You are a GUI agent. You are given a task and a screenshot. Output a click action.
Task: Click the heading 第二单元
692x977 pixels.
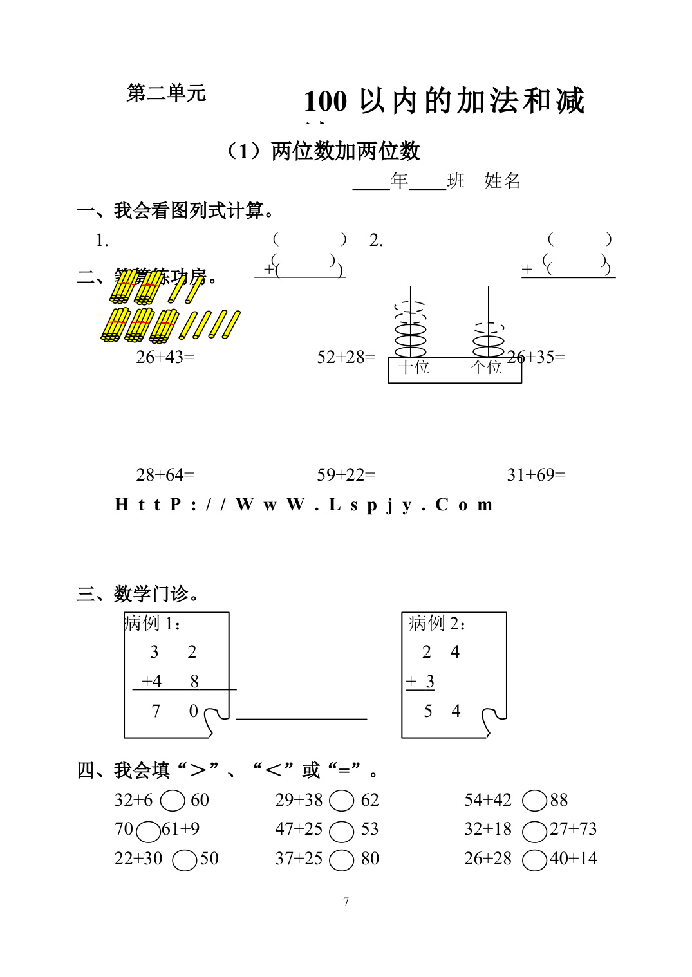point(166,93)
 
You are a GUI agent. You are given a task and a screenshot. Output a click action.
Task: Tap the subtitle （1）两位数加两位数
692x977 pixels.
point(323,151)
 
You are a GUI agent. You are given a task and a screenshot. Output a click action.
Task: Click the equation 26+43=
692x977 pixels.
point(165,357)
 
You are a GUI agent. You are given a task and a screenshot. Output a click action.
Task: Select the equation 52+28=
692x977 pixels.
point(346,357)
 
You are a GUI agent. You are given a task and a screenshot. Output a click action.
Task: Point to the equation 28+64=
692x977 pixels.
point(165,475)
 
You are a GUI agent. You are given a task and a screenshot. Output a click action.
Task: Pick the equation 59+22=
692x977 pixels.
point(346,475)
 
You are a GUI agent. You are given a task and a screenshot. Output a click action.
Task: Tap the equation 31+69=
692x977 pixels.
point(536,475)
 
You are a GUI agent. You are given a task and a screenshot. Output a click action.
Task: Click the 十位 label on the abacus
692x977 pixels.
point(414,368)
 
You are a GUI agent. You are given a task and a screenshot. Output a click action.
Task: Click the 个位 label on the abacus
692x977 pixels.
point(486,368)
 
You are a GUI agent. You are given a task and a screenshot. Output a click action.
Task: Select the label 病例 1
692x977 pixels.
point(153,623)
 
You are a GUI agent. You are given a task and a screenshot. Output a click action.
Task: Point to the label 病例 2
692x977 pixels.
point(437,623)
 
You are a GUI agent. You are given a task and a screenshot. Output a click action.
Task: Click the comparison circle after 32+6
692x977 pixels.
point(173,801)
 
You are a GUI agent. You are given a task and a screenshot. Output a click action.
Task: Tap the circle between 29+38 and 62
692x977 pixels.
point(342,801)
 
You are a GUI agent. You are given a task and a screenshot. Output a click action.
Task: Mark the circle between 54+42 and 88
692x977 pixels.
point(534,801)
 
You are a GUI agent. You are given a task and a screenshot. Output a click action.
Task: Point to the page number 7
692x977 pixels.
point(346,902)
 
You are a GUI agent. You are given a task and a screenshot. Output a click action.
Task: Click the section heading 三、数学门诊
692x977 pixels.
point(138,593)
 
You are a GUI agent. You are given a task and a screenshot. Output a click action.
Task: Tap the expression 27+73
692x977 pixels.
point(574,829)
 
